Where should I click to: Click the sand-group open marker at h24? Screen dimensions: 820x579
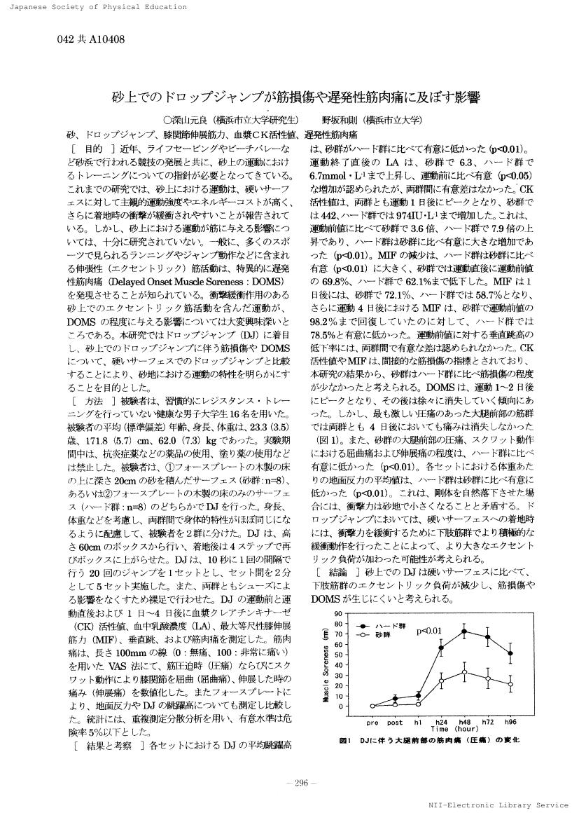point(441,681)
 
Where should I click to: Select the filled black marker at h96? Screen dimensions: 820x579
point(510,653)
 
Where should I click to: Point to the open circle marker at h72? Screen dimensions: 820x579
point(487,678)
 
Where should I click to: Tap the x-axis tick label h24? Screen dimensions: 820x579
point(441,721)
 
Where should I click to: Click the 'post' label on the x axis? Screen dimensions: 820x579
point(395,721)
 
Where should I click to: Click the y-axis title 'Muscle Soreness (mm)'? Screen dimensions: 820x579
point(326,661)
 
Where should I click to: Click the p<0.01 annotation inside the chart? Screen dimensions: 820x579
point(428,632)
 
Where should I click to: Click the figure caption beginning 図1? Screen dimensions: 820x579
point(428,740)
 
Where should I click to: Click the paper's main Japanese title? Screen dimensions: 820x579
point(288,97)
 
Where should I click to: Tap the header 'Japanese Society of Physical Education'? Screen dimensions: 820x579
point(94,7)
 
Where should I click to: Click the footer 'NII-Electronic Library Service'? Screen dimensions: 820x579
point(498,805)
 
